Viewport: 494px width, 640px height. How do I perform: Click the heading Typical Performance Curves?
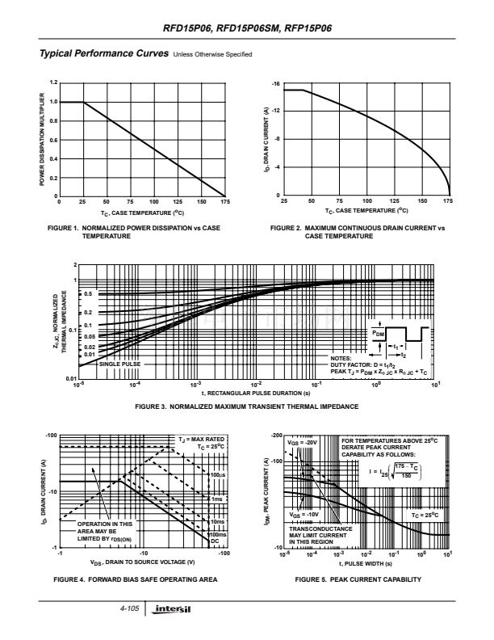[98, 53]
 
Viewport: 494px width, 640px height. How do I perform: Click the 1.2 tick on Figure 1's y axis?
[53, 82]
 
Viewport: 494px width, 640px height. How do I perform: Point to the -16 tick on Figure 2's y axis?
[275, 85]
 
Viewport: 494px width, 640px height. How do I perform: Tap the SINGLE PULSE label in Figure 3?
[120, 364]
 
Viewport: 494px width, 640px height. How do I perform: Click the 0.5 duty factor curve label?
[88, 294]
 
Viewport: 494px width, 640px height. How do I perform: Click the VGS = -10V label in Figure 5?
[304, 513]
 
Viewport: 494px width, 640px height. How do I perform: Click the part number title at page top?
[247, 27]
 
